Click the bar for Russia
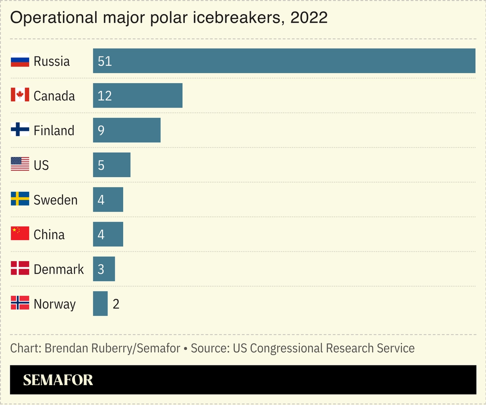point(284,61)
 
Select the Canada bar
point(138,95)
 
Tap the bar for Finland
point(127,130)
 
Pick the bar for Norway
point(100,303)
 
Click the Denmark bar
point(104,269)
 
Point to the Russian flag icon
point(20,61)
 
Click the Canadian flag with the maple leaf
point(20,95)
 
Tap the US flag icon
point(20,164)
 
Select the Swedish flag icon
point(20,199)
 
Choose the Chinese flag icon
point(20,233)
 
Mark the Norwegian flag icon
point(20,303)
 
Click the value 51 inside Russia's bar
point(105,61)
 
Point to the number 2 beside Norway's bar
point(116,304)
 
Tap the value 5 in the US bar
point(101,165)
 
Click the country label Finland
point(54,130)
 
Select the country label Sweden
point(55,200)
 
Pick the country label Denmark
point(59,269)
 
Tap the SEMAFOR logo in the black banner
point(58,380)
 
